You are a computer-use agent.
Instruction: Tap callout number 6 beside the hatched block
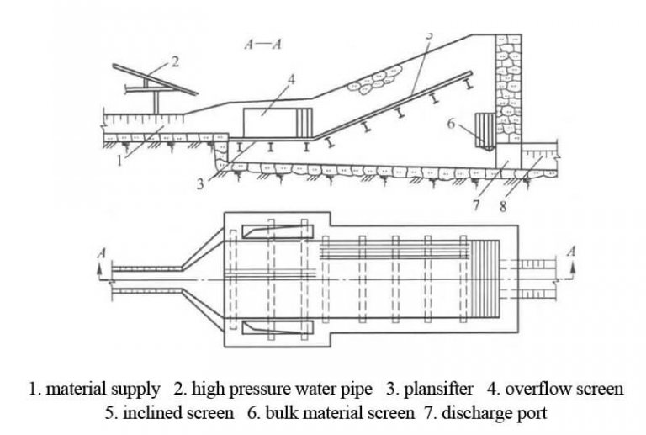coord(451,123)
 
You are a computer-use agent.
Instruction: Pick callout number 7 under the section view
coord(476,204)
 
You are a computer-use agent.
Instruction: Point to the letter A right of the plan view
coord(572,251)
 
